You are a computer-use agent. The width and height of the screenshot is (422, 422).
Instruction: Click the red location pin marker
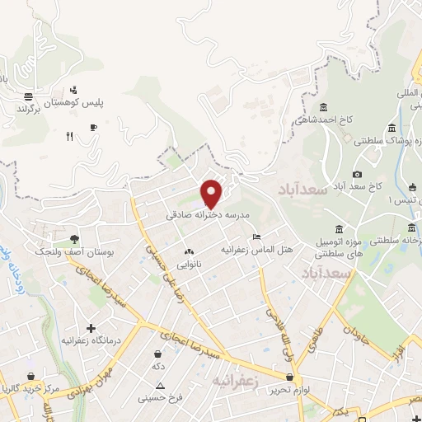coord(212,195)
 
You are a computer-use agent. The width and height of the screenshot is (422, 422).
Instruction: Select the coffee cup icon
coord(93,127)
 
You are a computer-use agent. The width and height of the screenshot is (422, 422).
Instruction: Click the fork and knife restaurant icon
coord(68,137)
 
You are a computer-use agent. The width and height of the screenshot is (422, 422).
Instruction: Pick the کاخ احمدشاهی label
coord(326,120)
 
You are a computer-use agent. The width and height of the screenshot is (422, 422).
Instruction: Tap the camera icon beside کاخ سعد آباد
coord(357,174)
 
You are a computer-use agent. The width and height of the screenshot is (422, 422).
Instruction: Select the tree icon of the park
coord(74,238)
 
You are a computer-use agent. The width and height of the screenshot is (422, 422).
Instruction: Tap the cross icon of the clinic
coord(91,328)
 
